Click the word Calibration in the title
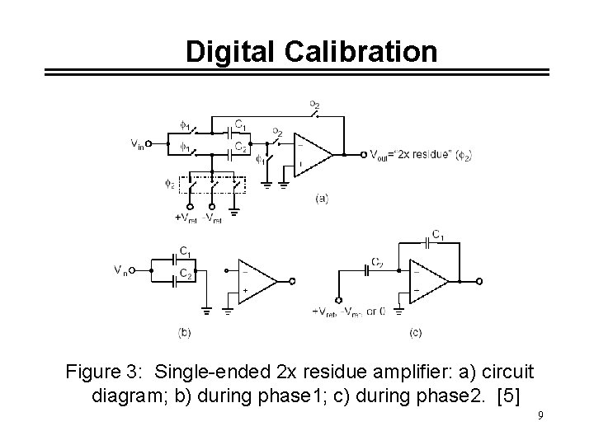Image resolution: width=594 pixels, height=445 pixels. (x=361, y=51)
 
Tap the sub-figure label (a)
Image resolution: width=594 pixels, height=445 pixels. (x=321, y=199)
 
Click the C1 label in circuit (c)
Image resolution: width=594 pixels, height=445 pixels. (x=439, y=236)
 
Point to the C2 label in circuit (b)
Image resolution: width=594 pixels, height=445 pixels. (x=186, y=274)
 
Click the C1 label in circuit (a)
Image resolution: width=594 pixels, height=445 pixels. (x=239, y=124)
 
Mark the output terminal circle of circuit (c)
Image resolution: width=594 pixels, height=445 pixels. (x=472, y=281)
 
